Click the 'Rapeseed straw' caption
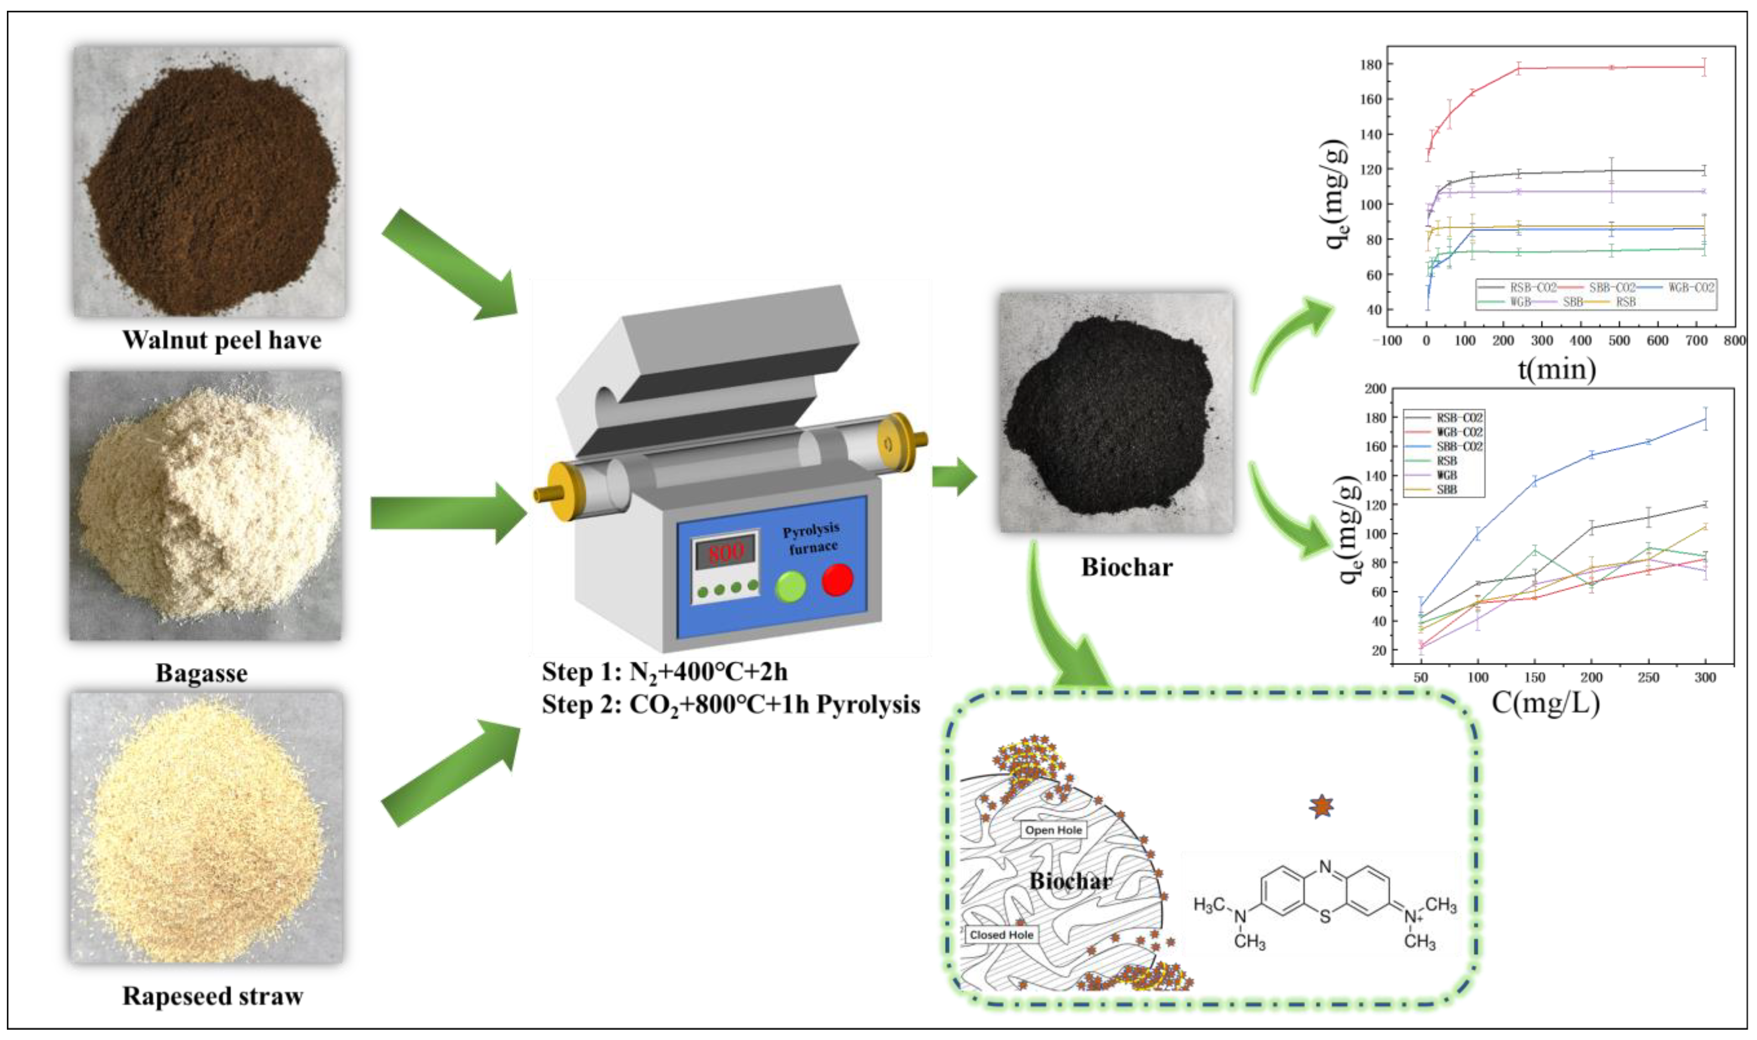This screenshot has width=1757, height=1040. [212, 996]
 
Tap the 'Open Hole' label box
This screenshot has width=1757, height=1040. [1053, 830]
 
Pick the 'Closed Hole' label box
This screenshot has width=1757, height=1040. [1001, 935]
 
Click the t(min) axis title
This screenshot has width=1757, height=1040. [1556, 368]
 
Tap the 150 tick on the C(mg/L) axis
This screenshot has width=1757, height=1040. [1535, 677]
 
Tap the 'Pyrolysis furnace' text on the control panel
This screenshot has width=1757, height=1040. [812, 538]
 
